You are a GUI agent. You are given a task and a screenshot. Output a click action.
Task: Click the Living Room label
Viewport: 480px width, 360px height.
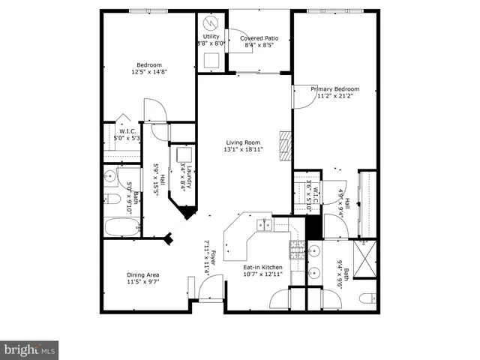click(x=243, y=142)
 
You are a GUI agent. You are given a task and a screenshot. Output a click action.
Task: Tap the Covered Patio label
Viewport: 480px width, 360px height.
click(x=260, y=38)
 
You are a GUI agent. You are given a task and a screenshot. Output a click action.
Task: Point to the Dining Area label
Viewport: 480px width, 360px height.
click(x=142, y=274)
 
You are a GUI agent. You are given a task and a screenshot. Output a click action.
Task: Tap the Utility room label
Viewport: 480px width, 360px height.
click(x=211, y=36)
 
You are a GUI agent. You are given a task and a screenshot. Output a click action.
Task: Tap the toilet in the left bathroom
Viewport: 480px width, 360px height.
click(x=110, y=199)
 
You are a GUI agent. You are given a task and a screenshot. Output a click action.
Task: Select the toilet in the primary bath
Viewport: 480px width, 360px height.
click(x=365, y=298)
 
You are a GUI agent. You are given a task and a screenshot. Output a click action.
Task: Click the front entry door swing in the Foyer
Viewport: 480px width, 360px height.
click(x=212, y=286)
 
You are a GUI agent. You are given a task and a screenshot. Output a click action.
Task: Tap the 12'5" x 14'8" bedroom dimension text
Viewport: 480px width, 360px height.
click(x=146, y=73)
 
